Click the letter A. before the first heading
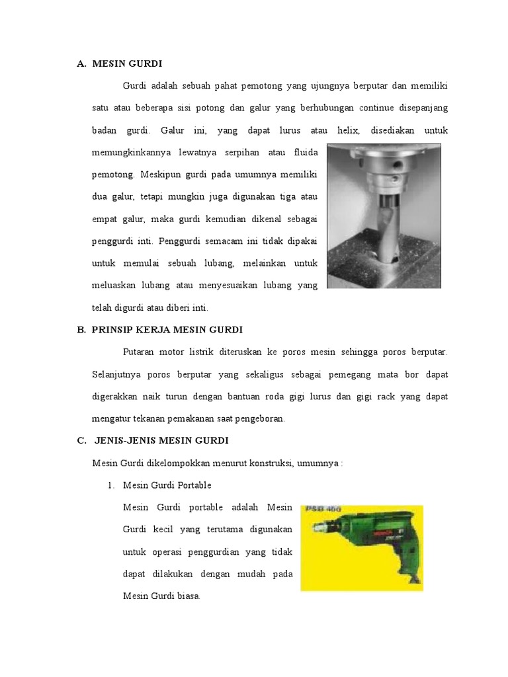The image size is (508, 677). [x=81, y=63]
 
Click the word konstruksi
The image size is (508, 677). [x=288, y=463]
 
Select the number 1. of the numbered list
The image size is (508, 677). [x=110, y=485]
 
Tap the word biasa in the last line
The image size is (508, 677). [x=187, y=596]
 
